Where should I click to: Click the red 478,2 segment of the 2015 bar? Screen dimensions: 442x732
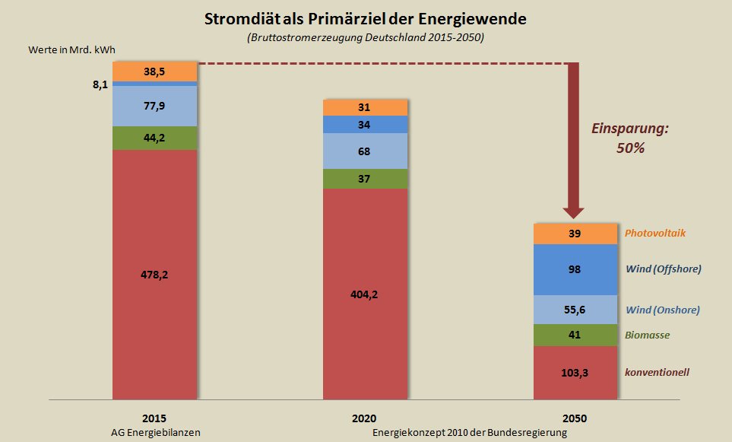154,274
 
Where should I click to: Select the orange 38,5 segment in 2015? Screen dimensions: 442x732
154,71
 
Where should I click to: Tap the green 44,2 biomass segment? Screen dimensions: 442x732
154,138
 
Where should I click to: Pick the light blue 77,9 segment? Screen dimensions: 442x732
154,106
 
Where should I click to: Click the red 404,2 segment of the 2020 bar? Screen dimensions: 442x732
366,294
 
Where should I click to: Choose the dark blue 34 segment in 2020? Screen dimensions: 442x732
366,124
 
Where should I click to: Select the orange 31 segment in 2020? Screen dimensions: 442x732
366,107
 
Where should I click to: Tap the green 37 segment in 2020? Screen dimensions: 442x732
366,179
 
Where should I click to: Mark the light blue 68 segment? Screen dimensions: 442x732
366,151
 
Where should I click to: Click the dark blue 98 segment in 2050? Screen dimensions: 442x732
575,269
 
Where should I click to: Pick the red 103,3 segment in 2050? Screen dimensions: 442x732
575,373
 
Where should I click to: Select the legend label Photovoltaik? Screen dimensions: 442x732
655,233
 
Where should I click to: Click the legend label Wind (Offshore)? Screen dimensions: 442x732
663,269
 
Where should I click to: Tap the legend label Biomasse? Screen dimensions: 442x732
648,335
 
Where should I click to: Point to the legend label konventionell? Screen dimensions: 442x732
657,373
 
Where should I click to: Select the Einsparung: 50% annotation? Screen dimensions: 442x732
630,138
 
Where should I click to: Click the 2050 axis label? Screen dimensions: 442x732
575,418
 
